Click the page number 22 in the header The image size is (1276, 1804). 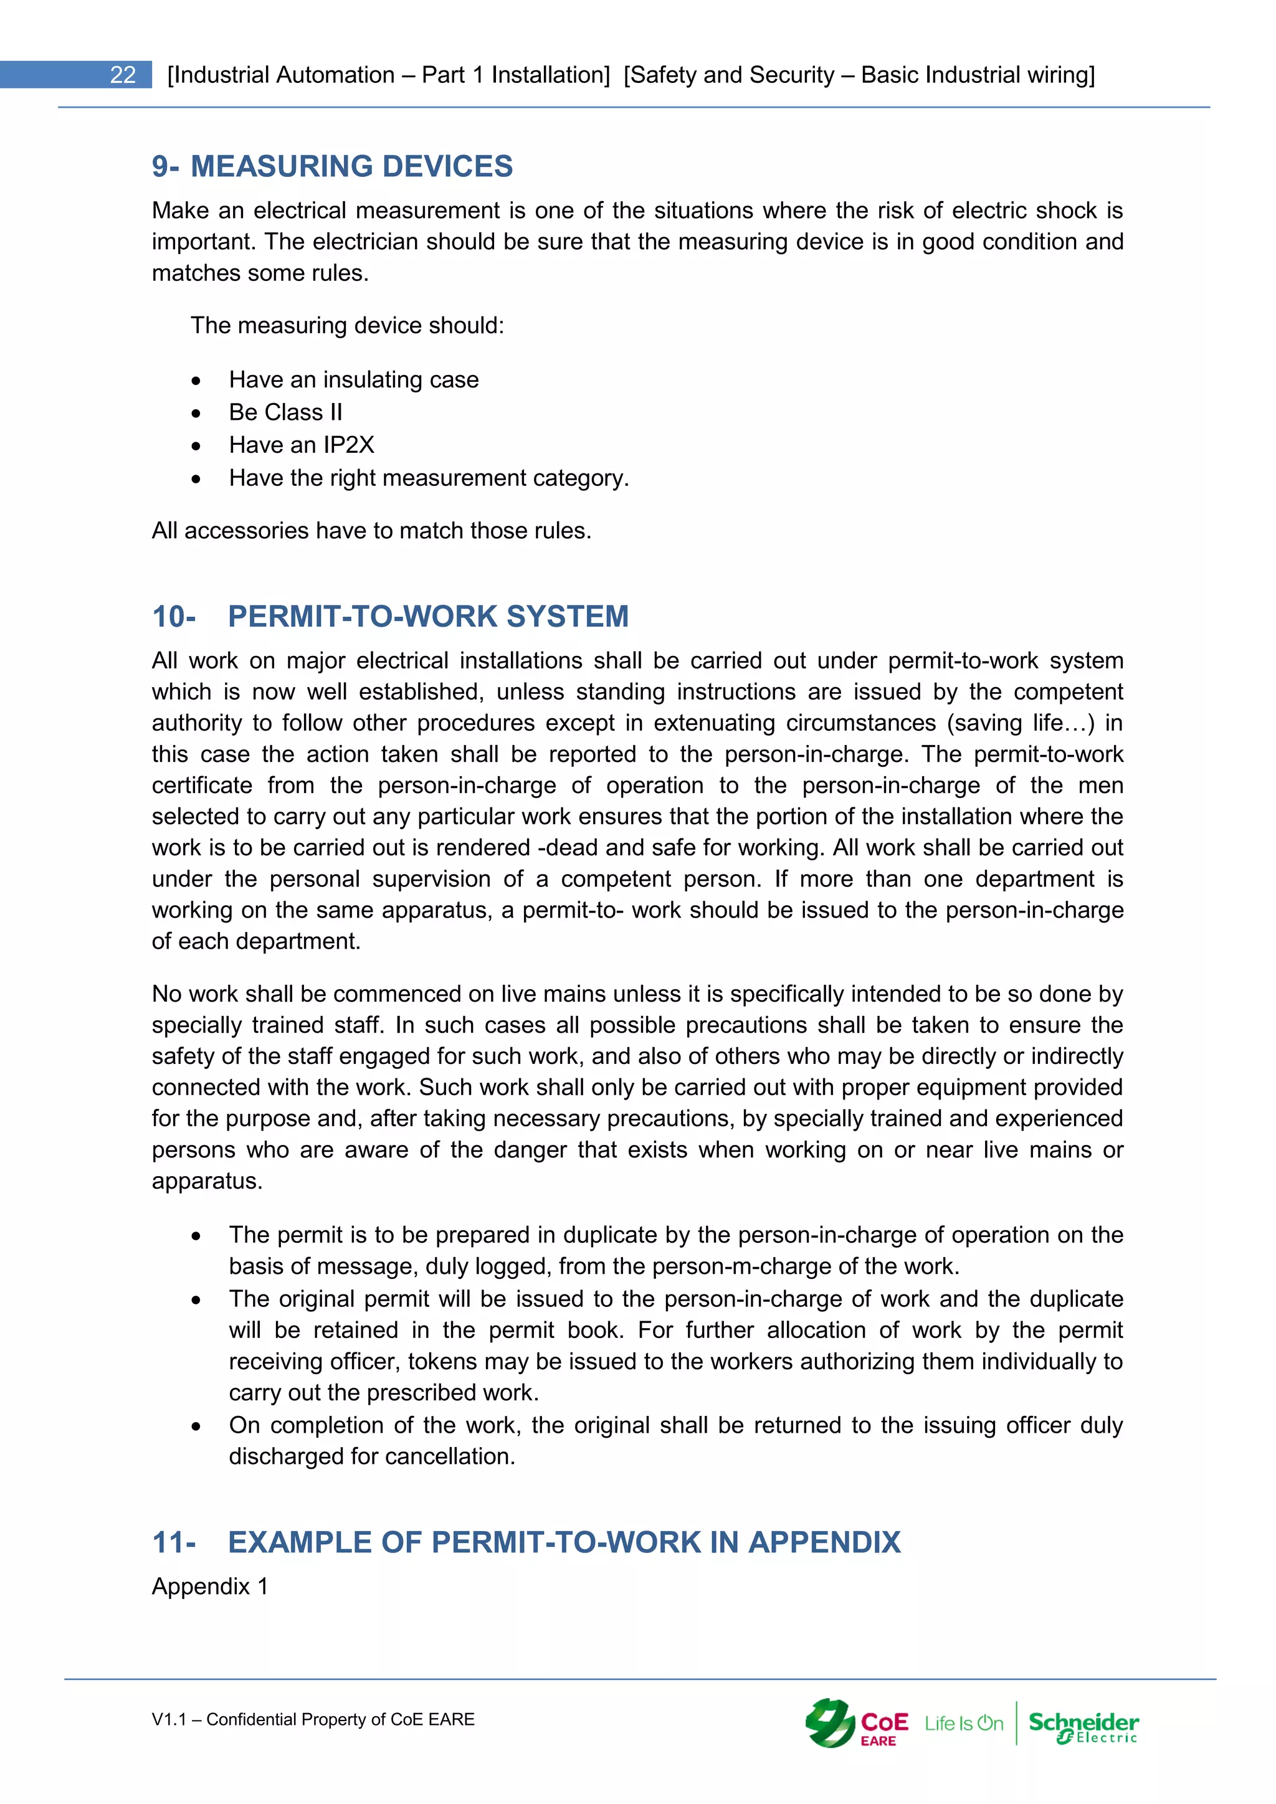coord(123,75)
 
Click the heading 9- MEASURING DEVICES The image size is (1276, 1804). coord(331,166)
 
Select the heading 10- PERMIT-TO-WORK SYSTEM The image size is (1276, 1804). coord(391,617)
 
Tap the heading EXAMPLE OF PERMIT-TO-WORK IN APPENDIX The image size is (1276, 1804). coord(563,1542)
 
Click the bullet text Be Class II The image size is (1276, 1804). coord(285,412)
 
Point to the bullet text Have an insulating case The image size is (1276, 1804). coord(353,380)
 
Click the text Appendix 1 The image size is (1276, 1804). coord(210,1587)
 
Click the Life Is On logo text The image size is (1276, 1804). coord(963,1723)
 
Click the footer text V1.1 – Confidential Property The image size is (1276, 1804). coord(313,1719)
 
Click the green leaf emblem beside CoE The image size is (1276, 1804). coord(830,1722)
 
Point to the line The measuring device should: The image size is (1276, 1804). coord(346,325)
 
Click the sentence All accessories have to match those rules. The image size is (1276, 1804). coord(371,531)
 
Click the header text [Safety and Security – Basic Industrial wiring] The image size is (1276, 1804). coord(859,75)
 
